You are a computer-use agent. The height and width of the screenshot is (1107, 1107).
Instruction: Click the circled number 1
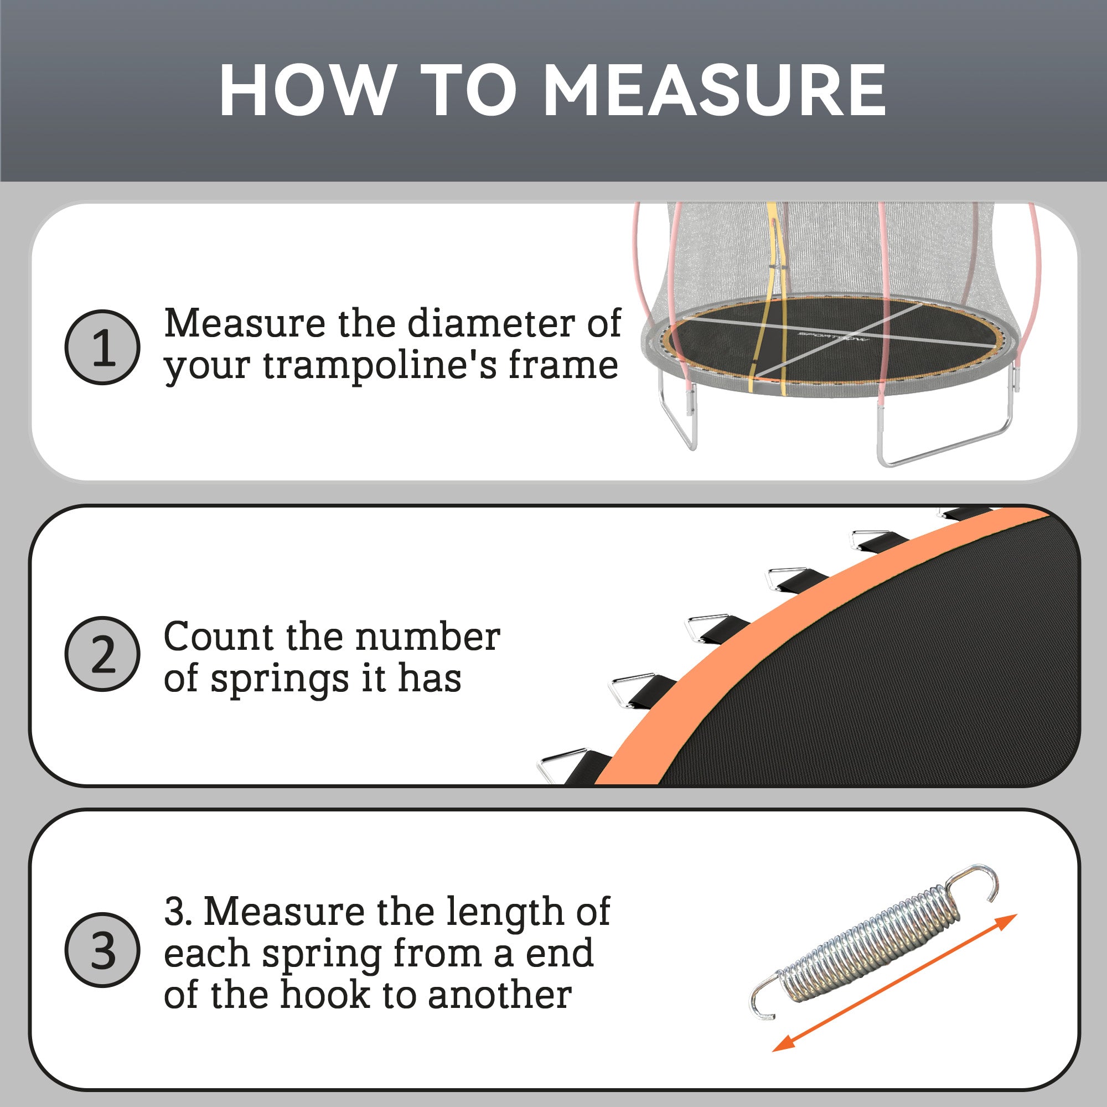point(102,347)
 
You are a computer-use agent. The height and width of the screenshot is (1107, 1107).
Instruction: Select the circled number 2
point(102,654)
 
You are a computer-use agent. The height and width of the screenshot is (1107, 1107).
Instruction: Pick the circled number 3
point(102,950)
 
